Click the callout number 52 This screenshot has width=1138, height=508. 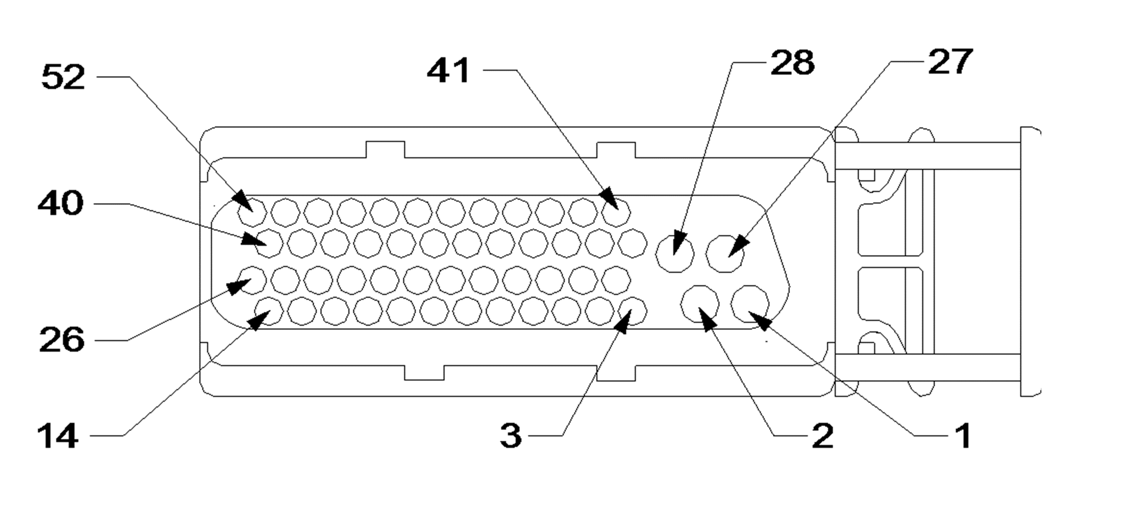point(63,77)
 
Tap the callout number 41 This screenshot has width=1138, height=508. point(448,71)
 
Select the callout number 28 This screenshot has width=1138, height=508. point(792,63)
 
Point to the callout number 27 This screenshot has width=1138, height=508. point(950,62)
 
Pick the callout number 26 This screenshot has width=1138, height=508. point(62,340)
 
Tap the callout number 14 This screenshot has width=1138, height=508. point(58,436)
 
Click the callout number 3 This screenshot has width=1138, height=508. point(510,436)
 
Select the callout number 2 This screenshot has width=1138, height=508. point(822,436)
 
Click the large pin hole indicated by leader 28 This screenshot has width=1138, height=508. point(675,254)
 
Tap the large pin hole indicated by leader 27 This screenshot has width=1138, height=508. point(725,254)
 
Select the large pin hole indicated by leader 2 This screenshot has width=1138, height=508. point(700,304)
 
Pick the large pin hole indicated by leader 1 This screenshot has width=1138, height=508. point(750,304)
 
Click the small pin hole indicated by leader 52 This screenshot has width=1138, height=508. point(252,212)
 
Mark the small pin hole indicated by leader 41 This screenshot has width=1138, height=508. point(616,212)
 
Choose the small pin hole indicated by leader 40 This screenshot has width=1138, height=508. point(269,243)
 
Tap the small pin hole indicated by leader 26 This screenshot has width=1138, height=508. point(252,280)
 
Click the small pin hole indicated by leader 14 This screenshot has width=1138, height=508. point(269,311)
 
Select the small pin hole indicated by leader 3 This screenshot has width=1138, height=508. point(632,311)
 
